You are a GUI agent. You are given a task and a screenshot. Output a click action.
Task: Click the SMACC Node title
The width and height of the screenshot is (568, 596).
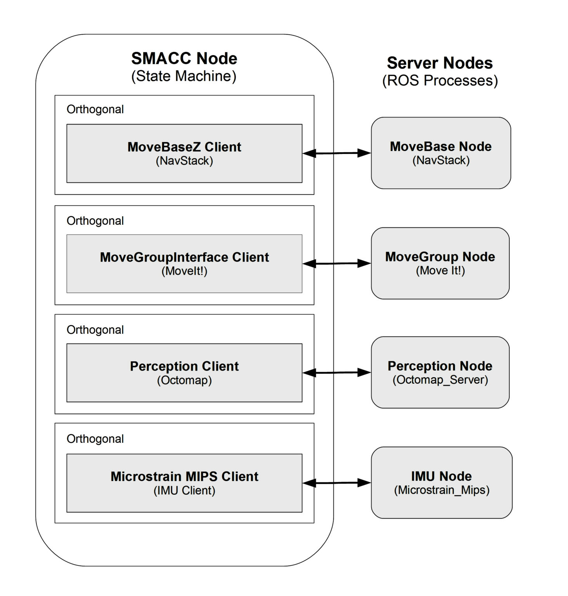184,59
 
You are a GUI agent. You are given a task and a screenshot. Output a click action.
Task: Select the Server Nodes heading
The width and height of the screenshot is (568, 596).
440,63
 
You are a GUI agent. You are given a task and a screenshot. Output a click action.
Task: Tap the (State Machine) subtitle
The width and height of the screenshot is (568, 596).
184,76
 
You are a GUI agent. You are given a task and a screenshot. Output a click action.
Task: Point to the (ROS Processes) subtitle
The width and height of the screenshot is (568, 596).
440,81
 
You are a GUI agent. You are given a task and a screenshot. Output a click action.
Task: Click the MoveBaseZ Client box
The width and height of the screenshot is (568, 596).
184,153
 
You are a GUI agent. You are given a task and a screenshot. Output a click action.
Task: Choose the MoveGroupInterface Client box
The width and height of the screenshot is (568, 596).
184,263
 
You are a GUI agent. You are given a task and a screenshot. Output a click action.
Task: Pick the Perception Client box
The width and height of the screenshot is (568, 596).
184,372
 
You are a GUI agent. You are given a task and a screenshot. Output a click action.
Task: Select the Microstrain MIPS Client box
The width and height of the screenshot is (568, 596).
184,483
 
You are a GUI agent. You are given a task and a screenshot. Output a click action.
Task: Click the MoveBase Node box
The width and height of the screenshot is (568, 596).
441,153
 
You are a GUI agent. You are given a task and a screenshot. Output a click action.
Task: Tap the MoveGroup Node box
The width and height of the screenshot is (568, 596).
440,263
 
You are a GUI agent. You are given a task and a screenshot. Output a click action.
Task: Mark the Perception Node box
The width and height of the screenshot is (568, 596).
440,372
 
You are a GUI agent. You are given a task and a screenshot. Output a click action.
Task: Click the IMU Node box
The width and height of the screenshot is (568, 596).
442,482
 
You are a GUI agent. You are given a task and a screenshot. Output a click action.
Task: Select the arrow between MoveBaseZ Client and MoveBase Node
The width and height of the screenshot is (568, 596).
337,153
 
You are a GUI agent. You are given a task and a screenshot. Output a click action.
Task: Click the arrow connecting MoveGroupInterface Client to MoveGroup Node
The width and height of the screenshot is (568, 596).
337,263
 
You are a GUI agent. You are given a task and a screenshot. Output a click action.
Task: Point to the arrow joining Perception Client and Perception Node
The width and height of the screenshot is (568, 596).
337,372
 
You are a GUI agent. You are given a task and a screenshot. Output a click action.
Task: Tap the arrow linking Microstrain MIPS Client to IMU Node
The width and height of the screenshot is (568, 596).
337,483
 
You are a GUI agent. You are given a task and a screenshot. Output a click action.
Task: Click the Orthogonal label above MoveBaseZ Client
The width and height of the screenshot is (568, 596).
95,109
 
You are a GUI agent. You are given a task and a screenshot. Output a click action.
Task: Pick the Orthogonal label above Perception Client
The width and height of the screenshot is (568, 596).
95,330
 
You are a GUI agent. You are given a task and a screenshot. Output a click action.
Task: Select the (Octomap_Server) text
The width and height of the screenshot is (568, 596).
440,379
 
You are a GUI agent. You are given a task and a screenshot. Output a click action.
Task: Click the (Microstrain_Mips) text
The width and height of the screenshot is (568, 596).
442,490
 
